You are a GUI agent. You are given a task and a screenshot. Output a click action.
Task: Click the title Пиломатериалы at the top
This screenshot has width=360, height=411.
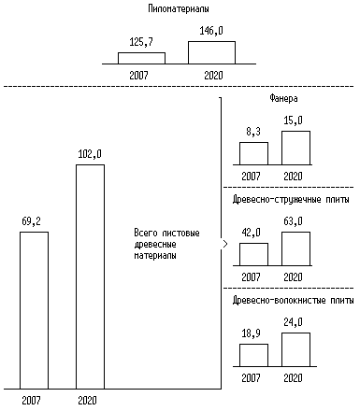[179, 8]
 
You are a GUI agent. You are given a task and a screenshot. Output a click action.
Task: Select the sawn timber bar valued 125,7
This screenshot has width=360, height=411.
[141, 58]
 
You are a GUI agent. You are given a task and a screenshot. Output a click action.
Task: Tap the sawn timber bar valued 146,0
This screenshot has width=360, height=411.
[211, 52]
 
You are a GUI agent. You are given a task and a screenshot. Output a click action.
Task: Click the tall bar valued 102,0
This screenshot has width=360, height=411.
[91, 276]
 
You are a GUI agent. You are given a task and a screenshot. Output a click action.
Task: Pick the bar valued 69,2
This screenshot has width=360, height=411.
[34, 310]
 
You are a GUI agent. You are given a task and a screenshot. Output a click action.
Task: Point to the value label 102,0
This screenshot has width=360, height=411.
[90, 154]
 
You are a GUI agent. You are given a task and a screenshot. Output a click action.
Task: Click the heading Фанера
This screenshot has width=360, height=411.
[283, 99]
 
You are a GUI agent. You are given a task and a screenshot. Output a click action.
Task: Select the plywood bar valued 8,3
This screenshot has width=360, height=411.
[253, 153]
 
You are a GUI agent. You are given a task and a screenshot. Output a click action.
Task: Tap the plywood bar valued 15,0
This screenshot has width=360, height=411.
[295, 148]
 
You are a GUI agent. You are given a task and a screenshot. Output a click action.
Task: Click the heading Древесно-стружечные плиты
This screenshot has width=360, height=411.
[291, 200]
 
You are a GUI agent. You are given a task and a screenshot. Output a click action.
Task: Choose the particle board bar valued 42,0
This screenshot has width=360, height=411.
[253, 254]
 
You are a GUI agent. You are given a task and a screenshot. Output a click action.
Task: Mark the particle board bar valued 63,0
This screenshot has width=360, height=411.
[295, 248]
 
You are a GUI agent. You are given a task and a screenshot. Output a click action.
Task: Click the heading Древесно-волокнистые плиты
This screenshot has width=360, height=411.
[293, 301]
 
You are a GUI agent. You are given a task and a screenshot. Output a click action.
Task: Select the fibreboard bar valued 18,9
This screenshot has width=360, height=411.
[253, 355]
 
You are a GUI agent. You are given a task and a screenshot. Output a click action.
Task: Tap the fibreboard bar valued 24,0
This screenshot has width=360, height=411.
[295, 349]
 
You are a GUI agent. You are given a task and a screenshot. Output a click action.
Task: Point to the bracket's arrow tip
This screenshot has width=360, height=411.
[227, 244]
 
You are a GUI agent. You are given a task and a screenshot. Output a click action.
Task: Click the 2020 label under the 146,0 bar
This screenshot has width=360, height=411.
[213, 76]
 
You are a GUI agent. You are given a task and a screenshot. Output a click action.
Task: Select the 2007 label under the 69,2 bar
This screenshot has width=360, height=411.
[31, 401]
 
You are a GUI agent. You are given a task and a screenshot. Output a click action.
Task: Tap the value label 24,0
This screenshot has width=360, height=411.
[293, 322]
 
